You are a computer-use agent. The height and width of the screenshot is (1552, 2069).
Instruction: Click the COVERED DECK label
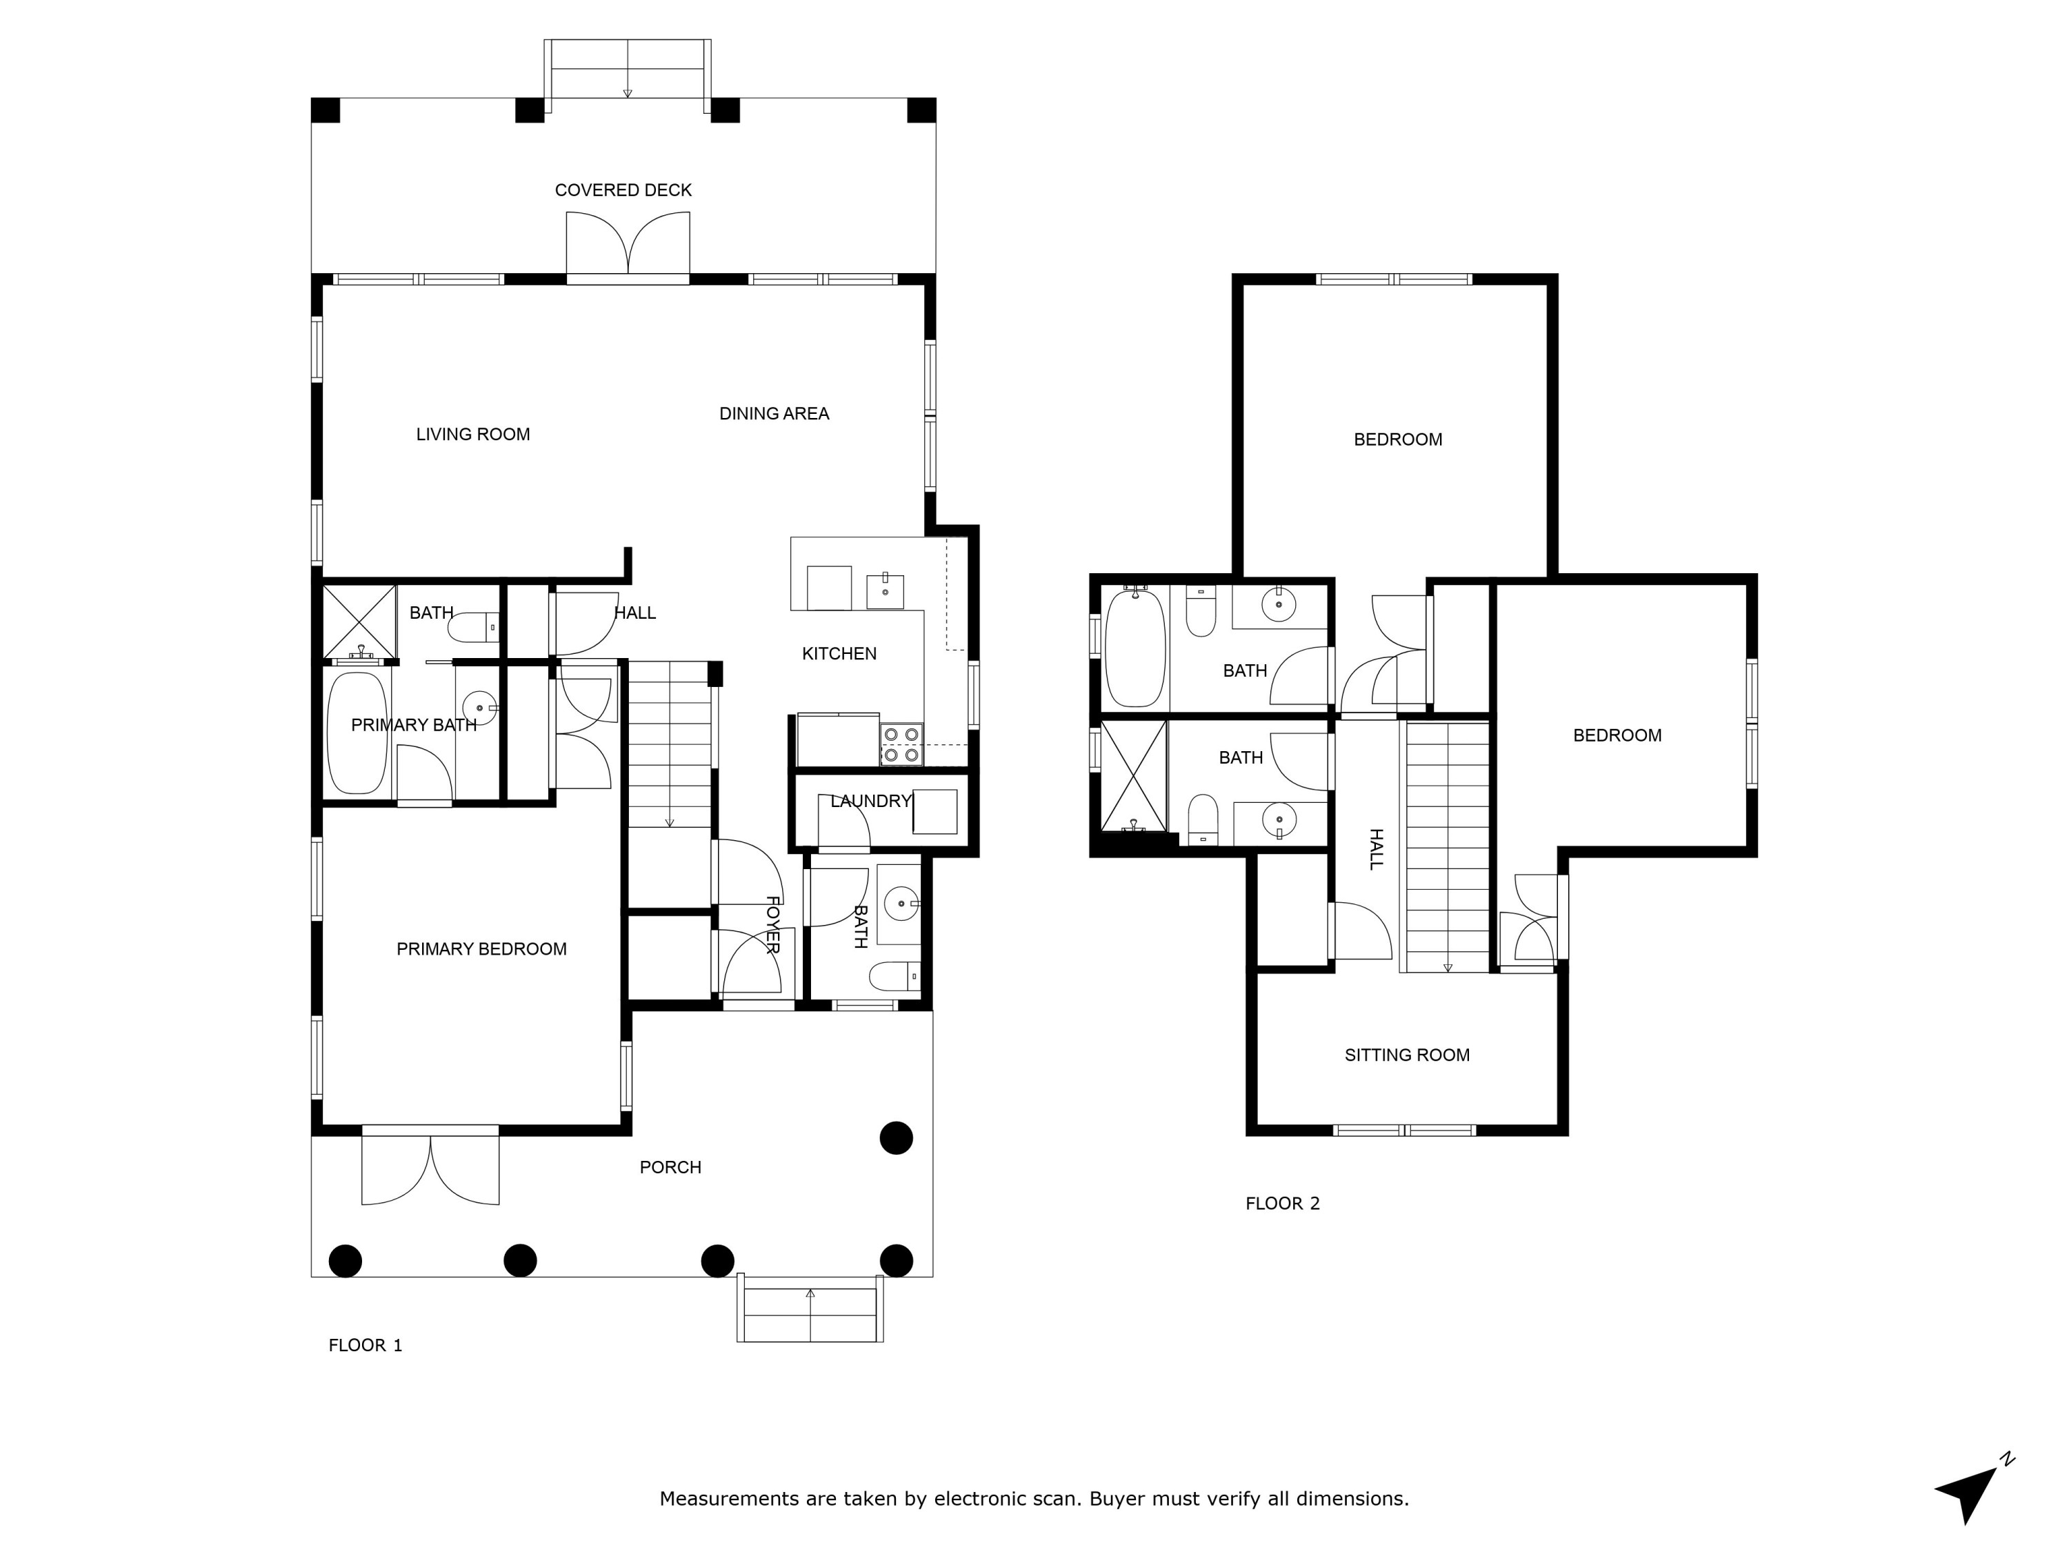623,190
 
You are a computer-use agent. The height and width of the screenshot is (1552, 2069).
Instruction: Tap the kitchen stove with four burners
901,745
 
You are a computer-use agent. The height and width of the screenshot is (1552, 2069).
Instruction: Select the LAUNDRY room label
870,801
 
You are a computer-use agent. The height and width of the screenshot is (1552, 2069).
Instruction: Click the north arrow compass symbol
1971,1490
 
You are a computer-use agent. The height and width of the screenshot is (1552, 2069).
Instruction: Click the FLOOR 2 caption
1282,1203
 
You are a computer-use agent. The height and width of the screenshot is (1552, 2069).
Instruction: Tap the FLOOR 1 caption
365,1345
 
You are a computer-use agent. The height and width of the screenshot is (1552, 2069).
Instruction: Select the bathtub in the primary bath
357,733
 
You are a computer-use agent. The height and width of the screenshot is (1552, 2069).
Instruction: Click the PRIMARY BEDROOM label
481,948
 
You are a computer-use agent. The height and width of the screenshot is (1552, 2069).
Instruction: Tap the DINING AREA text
774,413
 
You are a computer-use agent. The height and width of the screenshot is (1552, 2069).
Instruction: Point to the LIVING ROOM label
472,434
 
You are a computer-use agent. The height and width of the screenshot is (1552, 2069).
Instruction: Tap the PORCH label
670,1166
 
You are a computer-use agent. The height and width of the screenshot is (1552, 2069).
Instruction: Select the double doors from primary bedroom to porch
430,1168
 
